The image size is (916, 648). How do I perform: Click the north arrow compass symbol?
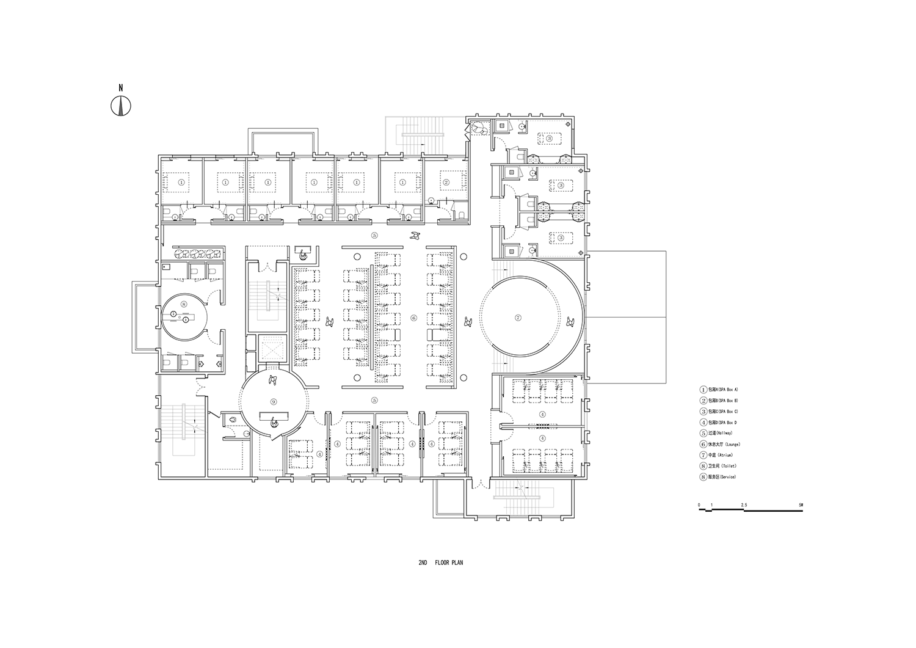coord(121,106)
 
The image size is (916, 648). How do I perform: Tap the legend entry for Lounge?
coord(721,444)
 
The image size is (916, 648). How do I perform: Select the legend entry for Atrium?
coord(718,455)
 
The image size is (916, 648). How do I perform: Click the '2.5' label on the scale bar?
coord(744,506)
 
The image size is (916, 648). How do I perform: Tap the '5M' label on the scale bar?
coord(801,506)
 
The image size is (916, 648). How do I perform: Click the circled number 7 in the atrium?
coord(518,318)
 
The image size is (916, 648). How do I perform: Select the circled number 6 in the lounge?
coord(413,318)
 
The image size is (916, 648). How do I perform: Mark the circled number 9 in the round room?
coord(274,401)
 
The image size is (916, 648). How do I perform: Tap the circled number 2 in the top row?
coord(446,182)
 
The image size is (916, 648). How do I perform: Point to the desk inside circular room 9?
coord(273,417)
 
